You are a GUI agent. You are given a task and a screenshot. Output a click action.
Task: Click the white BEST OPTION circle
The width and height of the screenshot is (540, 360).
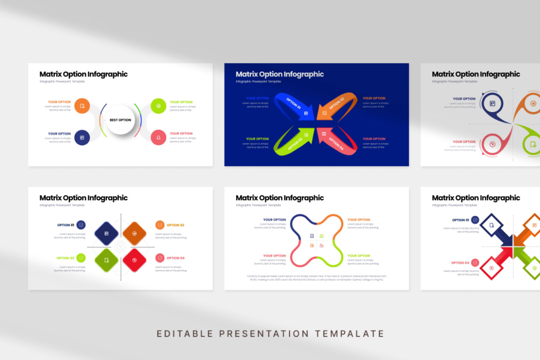pyautogui.click(x=120, y=120)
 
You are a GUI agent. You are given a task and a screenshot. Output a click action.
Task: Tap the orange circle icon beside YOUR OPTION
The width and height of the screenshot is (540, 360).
pyautogui.click(x=82, y=106)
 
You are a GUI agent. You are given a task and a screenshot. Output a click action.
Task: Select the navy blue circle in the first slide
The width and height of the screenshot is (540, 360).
pyautogui.click(x=82, y=137)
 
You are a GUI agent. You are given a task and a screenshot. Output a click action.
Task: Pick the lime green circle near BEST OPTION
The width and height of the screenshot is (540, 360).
pyautogui.click(x=158, y=106)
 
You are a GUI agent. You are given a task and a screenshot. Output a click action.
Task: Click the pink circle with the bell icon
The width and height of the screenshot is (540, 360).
pyautogui.click(x=158, y=137)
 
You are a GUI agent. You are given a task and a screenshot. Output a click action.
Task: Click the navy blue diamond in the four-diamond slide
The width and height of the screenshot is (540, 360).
pyautogui.click(x=106, y=233)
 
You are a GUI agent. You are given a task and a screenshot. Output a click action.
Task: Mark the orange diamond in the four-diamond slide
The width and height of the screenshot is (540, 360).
pyautogui.click(x=135, y=233)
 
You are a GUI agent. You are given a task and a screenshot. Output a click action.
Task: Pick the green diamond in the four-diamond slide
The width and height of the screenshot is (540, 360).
pyautogui.click(x=106, y=260)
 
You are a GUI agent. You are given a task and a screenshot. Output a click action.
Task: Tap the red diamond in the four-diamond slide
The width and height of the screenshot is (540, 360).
pyautogui.click(x=135, y=260)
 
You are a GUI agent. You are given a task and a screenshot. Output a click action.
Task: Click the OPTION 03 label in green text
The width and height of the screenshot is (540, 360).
pyautogui.click(x=65, y=258)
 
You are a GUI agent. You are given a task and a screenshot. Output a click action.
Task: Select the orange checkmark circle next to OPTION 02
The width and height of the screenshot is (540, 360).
pyautogui.click(x=160, y=225)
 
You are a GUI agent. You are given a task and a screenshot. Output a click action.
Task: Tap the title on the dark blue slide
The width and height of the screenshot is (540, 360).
pyautogui.click(x=279, y=74)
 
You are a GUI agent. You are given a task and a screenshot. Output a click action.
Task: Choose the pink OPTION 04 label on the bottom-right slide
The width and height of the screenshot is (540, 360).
pyautogui.click(x=460, y=263)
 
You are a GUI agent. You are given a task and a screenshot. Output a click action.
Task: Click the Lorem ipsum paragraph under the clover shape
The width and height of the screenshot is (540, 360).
pyautogui.click(x=316, y=278)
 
